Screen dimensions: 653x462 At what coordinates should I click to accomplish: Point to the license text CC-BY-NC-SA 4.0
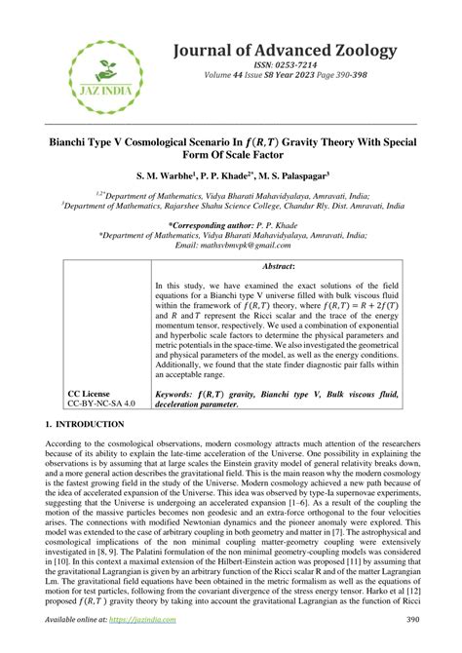pos(101,403)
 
